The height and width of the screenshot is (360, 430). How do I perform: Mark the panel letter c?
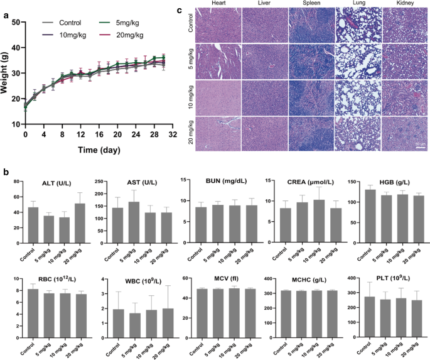(180, 10)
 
